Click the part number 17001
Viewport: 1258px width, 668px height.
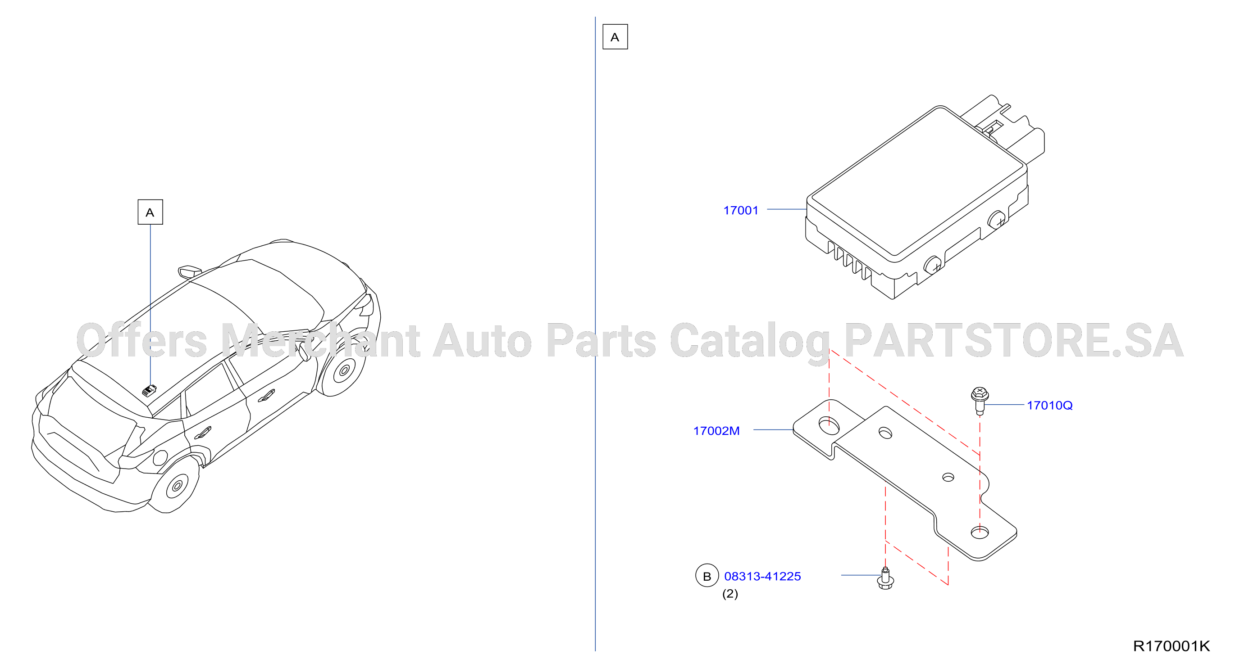(740, 210)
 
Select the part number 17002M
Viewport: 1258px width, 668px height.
(716, 431)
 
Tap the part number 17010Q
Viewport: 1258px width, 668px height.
(1049, 405)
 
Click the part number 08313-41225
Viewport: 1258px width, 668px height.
(762, 576)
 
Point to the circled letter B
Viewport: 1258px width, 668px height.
(706, 576)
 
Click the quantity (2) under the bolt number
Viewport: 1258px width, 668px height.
(730, 594)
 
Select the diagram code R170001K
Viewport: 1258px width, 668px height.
(1171, 646)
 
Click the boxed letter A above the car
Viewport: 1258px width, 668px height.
(150, 212)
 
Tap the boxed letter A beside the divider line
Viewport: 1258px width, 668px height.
(615, 36)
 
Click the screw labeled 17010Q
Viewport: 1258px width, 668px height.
(980, 400)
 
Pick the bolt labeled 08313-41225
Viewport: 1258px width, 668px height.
(885, 579)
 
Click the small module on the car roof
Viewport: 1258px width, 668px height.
(149, 390)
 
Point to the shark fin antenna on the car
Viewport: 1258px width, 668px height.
(190, 271)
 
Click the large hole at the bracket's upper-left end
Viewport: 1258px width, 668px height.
(829, 425)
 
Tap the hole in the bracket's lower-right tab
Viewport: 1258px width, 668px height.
(980, 533)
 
